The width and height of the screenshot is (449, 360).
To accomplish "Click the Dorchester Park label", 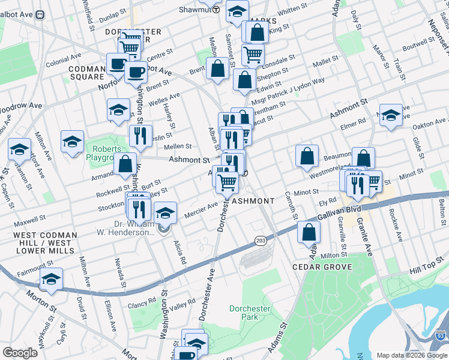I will point(250,313).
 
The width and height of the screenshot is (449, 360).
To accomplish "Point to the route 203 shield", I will point(260,240).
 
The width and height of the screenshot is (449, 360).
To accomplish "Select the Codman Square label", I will point(88,73).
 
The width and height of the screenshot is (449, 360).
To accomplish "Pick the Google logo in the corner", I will point(19,353).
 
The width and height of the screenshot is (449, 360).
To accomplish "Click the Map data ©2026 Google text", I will point(411,355).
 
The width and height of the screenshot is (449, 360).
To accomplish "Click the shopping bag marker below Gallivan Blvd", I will point(309,233).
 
